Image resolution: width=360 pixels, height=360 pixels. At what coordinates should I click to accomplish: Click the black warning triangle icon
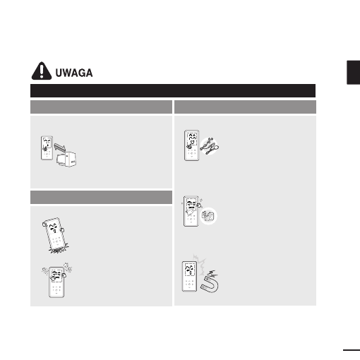(42, 71)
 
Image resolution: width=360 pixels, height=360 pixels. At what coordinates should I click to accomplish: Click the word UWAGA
(74, 73)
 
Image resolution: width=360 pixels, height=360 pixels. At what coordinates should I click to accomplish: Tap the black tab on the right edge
(353, 72)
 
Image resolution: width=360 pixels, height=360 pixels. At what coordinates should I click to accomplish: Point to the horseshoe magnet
(210, 284)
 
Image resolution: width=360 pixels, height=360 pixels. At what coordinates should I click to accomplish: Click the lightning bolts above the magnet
(213, 273)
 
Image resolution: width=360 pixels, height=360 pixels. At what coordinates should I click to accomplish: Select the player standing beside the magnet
(189, 277)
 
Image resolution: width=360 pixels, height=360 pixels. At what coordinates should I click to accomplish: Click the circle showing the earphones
(209, 146)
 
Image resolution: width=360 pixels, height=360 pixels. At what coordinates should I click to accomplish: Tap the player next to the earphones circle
(191, 145)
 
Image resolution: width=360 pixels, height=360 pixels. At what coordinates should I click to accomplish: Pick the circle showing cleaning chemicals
(208, 216)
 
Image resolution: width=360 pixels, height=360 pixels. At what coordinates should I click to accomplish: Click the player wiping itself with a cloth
(191, 211)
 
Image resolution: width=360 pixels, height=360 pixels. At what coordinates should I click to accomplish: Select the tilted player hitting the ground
(55, 234)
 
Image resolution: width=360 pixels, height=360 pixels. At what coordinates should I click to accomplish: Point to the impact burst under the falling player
(59, 249)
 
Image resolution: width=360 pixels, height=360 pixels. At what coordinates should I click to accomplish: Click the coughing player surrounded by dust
(56, 281)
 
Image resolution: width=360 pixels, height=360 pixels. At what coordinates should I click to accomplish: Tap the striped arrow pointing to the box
(60, 148)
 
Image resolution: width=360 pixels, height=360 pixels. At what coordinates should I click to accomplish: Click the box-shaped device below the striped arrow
(66, 160)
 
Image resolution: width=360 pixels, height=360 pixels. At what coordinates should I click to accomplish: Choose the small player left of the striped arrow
(47, 148)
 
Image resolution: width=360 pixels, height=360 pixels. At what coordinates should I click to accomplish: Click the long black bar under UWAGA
(173, 90)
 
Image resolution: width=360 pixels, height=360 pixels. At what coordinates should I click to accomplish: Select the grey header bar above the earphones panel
(245, 107)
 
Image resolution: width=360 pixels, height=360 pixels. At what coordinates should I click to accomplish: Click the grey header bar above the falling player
(101, 197)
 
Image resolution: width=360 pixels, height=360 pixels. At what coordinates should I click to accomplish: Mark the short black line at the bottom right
(352, 350)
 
